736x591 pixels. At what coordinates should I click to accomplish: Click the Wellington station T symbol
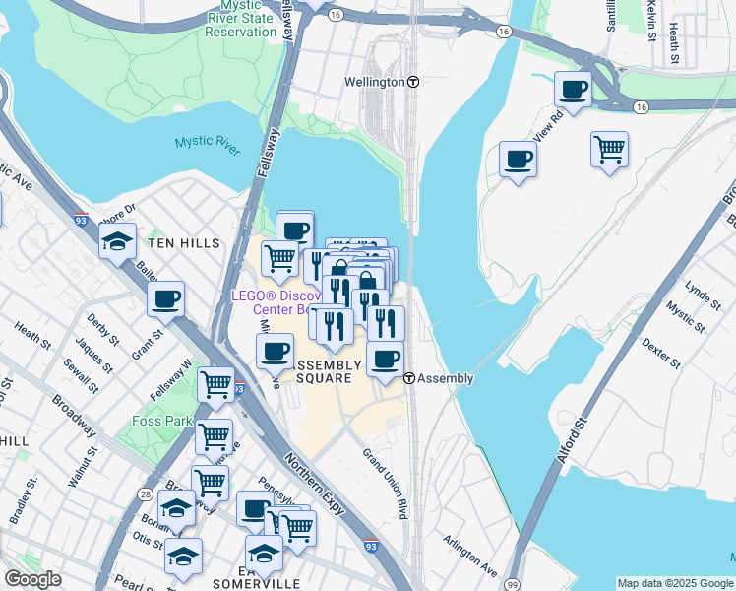click(x=413, y=82)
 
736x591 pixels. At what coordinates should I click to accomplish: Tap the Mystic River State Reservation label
click(x=241, y=19)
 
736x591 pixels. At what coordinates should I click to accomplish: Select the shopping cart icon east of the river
click(x=609, y=150)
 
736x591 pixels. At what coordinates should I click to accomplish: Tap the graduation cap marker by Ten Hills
click(x=118, y=240)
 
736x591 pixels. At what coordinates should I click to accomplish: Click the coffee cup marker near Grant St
click(x=166, y=297)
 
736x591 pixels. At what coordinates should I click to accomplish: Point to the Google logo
click(x=33, y=579)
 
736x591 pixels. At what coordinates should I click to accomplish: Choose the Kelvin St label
click(x=652, y=20)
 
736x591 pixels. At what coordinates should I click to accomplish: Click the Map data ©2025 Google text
click(x=675, y=583)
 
